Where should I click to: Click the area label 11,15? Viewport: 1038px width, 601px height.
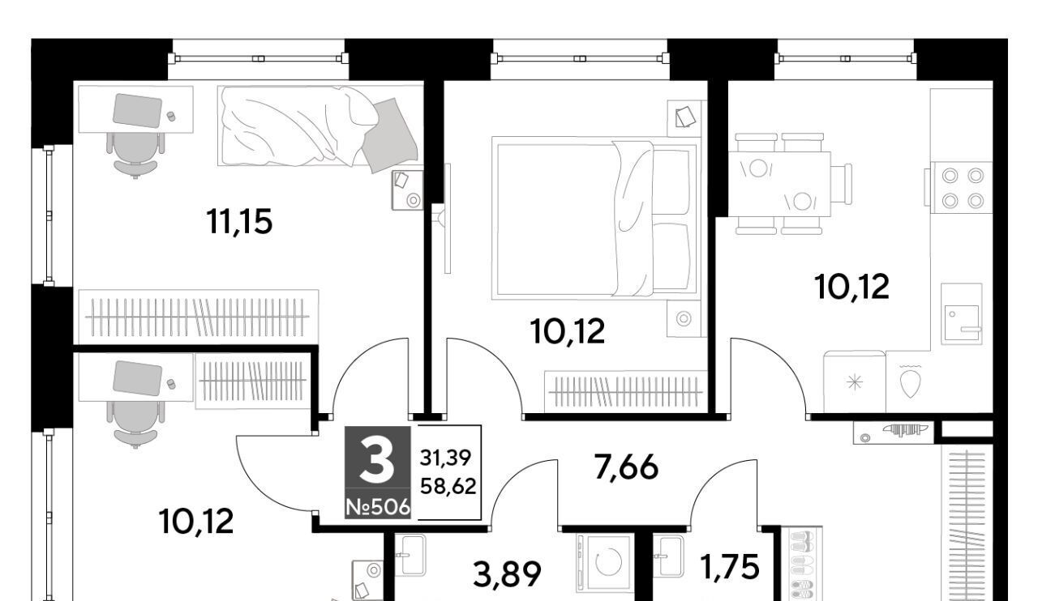click(239, 222)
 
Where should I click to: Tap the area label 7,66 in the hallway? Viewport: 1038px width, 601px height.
click(626, 467)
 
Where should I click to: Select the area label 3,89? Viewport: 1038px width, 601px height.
click(508, 574)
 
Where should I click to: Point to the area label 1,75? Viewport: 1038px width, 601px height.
click(731, 567)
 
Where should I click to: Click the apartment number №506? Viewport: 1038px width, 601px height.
click(378, 508)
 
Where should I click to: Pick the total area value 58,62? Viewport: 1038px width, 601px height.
click(448, 486)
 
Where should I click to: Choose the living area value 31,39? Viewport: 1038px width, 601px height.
click(446, 458)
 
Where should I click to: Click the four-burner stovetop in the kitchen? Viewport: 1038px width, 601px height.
click(963, 188)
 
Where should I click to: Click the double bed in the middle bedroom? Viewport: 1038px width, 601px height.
click(595, 218)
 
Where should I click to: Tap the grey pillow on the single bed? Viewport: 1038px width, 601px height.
click(389, 134)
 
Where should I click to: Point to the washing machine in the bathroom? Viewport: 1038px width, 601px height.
click(605, 563)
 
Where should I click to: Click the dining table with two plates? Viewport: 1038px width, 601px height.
click(779, 184)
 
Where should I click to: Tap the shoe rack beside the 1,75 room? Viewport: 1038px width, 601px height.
click(802, 564)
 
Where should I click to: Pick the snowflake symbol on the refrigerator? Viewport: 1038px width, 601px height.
click(855, 382)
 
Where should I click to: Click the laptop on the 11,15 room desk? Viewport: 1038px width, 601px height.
click(138, 109)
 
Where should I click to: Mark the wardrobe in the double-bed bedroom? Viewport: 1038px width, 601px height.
click(626, 390)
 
